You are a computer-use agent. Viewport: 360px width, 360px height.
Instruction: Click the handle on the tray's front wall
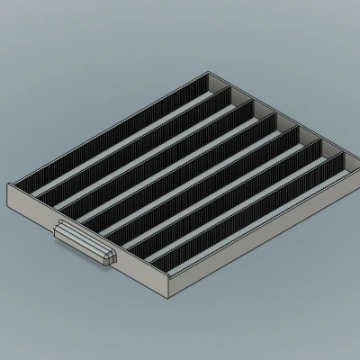click(x=85, y=244)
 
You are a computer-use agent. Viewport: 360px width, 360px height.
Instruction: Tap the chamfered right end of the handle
click(x=110, y=258)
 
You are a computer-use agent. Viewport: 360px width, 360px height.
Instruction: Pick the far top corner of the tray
click(x=213, y=72)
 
